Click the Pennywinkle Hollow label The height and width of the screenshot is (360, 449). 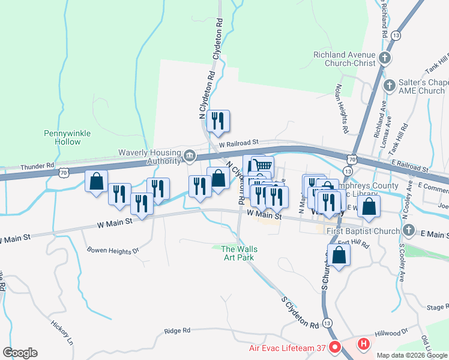(x=62, y=137)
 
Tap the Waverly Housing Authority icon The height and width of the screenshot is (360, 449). (x=189, y=157)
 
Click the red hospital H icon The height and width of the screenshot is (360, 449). (x=363, y=344)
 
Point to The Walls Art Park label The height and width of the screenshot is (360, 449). (x=238, y=253)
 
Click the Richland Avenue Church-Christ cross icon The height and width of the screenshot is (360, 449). (x=385, y=58)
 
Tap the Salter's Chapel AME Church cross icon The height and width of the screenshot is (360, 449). (x=390, y=86)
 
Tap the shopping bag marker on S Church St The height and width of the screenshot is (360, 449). (x=339, y=254)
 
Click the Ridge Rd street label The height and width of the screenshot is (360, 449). (x=177, y=331)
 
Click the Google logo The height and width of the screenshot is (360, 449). (x=20, y=353)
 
